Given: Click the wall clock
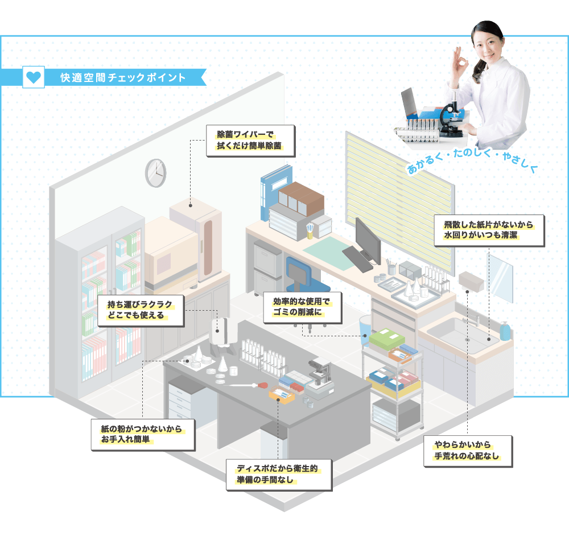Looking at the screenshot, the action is pyautogui.click(x=156, y=173).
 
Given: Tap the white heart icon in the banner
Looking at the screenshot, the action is pyautogui.click(x=34, y=77).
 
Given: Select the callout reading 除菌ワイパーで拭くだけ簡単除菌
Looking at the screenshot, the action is pyautogui.click(x=250, y=141).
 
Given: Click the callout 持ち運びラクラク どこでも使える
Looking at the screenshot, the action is pyautogui.click(x=141, y=311).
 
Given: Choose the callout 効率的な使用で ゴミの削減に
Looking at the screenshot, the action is pyautogui.click(x=302, y=307).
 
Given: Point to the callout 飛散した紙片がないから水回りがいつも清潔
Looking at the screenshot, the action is pyautogui.click(x=489, y=230).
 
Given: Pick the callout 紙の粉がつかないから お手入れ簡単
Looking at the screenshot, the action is pyautogui.click(x=143, y=435).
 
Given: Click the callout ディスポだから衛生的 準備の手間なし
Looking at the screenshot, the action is pyautogui.click(x=279, y=475).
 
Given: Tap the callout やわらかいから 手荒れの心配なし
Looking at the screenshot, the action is pyautogui.click(x=468, y=451).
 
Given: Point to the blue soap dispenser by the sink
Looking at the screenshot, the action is pyautogui.click(x=505, y=331).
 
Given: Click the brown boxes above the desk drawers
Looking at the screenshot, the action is pyautogui.click(x=301, y=199).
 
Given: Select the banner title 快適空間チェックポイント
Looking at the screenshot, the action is pyautogui.click(x=123, y=77).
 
